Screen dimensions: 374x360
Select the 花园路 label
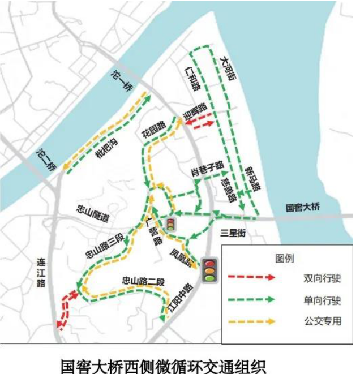point(154,129)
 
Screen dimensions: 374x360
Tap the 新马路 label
point(253,177)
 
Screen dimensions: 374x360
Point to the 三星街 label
point(233,232)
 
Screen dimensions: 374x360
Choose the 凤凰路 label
point(181,255)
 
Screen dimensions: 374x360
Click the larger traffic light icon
point(211,270)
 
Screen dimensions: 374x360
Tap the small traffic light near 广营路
point(170,224)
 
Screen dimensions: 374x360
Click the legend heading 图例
point(285,259)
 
